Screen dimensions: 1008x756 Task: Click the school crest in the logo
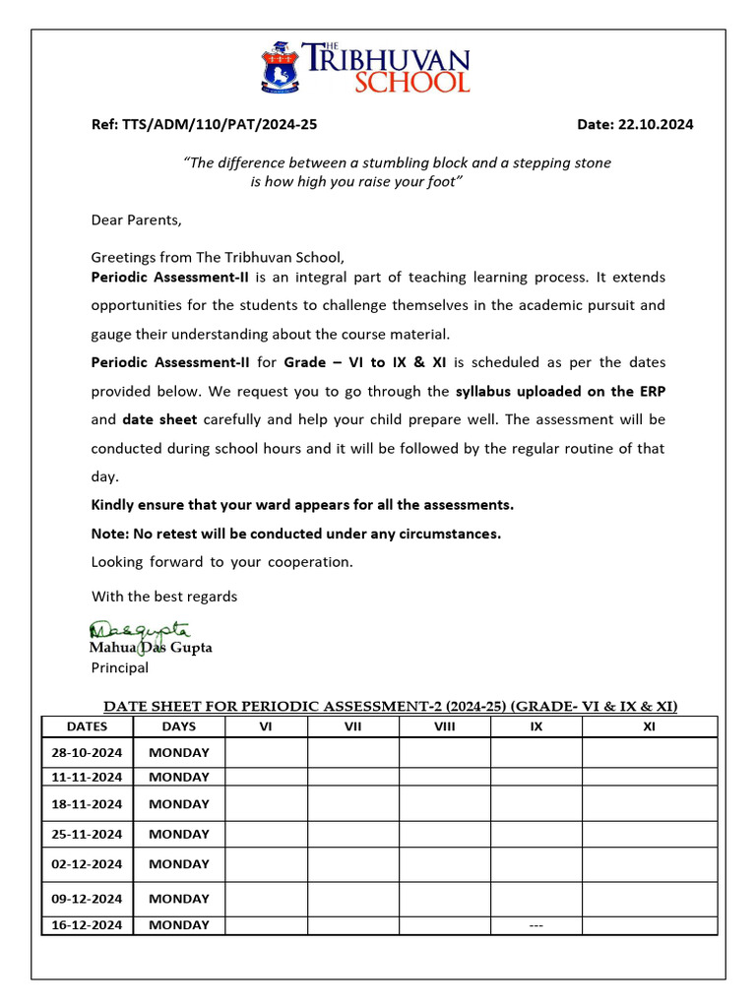pos(282,67)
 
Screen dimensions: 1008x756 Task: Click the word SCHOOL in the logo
pos(411,81)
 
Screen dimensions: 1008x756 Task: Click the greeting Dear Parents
pos(136,220)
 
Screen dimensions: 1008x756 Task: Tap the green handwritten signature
pos(140,629)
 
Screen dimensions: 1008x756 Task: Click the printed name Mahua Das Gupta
pos(151,648)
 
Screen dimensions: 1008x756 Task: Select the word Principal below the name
pos(120,667)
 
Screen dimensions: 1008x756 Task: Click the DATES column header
pos(87,726)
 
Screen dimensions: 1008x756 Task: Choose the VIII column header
pos(445,726)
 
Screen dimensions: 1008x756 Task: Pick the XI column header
pos(649,726)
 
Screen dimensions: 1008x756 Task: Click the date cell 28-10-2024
pos(87,753)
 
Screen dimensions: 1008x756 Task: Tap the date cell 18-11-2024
pos(87,803)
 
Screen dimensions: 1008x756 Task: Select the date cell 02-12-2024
pos(87,864)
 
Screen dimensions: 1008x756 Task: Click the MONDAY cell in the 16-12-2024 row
pos(179,925)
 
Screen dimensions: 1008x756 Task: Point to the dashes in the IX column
pos(536,925)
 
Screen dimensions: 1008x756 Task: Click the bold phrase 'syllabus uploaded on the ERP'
pos(560,391)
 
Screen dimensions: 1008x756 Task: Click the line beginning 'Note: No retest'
pos(295,534)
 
